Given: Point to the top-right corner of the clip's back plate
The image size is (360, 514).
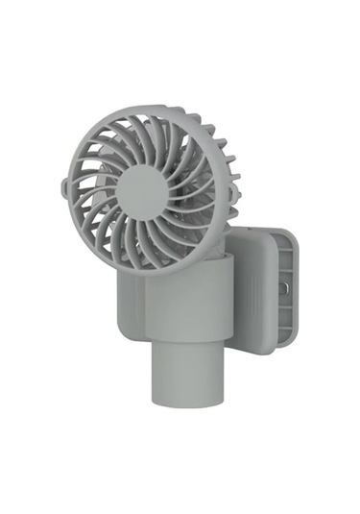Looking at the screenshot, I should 292,233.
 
